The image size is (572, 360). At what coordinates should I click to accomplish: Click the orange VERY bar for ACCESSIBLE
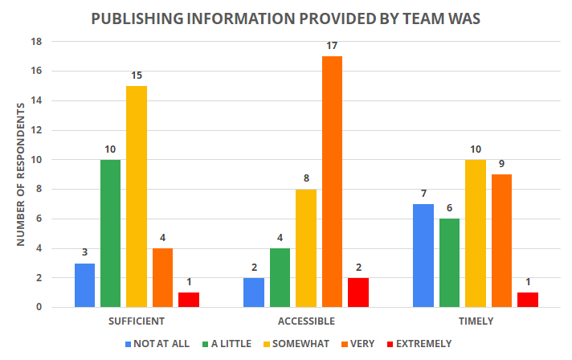click(x=331, y=182)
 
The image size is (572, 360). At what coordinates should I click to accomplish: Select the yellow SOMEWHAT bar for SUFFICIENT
click(x=137, y=196)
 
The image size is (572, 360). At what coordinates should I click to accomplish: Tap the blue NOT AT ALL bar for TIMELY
click(x=423, y=256)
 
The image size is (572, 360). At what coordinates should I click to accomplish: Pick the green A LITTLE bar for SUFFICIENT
click(x=111, y=233)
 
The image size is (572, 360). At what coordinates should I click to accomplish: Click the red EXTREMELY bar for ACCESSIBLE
click(x=357, y=292)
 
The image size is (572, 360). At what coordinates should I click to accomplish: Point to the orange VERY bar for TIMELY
click(x=500, y=240)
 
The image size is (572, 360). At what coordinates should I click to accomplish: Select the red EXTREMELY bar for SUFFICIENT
click(x=188, y=300)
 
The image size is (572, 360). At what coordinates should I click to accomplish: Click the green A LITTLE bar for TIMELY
click(x=449, y=263)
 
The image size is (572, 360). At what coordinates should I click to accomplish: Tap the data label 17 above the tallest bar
click(x=331, y=45)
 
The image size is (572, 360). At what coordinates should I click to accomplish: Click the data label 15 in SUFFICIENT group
click(x=137, y=75)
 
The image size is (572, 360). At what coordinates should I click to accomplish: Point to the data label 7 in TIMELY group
click(x=423, y=193)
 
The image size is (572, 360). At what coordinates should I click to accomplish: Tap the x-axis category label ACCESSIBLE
click(x=305, y=321)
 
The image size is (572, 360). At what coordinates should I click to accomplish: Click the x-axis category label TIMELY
click(x=475, y=321)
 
